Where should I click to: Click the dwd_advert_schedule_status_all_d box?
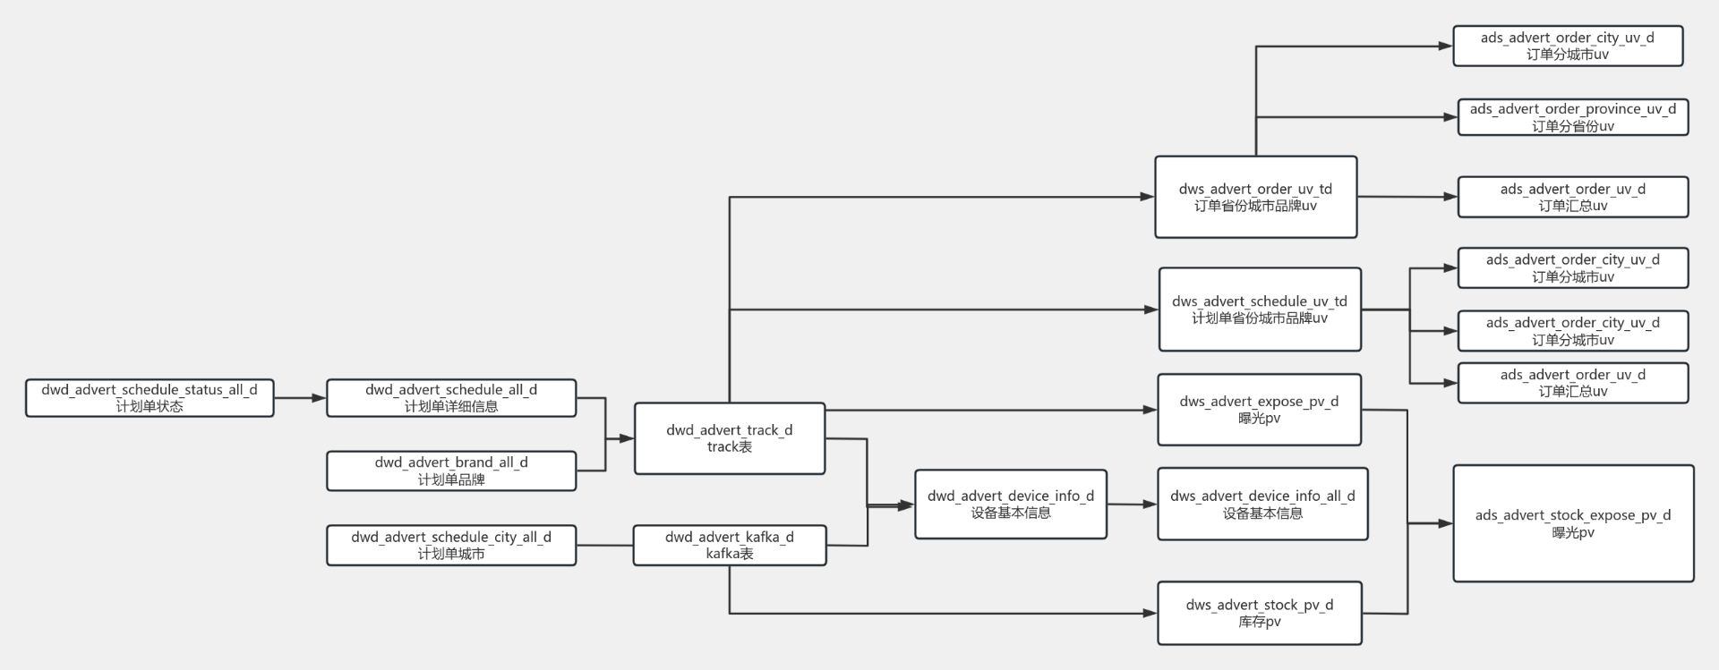(150, 398)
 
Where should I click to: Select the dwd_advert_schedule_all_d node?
(451, 398)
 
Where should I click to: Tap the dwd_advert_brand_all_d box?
(451, 471)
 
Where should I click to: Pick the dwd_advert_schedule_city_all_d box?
(451, 545)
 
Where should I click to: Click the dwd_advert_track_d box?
(729, 438)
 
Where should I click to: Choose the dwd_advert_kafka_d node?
(729, 545)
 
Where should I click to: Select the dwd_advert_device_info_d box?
(1010, 504)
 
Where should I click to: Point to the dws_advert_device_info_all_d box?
(1262, 504)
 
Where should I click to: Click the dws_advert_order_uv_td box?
(1255, 197)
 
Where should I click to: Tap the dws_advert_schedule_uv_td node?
(1260, 309)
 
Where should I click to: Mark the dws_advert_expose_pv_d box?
(1259, 410)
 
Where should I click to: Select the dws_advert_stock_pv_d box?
(1259, 613)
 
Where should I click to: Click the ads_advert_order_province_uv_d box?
(1572, 117)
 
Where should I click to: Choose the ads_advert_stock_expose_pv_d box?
(1572, 523)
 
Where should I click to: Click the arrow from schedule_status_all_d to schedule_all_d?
(300, 398)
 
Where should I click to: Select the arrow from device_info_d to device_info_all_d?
(1132, 505)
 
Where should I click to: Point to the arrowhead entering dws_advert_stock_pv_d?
(1150, 614)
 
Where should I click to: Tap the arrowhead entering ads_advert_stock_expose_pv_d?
(1445, 523)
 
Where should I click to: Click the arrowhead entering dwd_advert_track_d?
(627, 438)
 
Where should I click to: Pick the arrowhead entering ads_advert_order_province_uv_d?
(1450, 117)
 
